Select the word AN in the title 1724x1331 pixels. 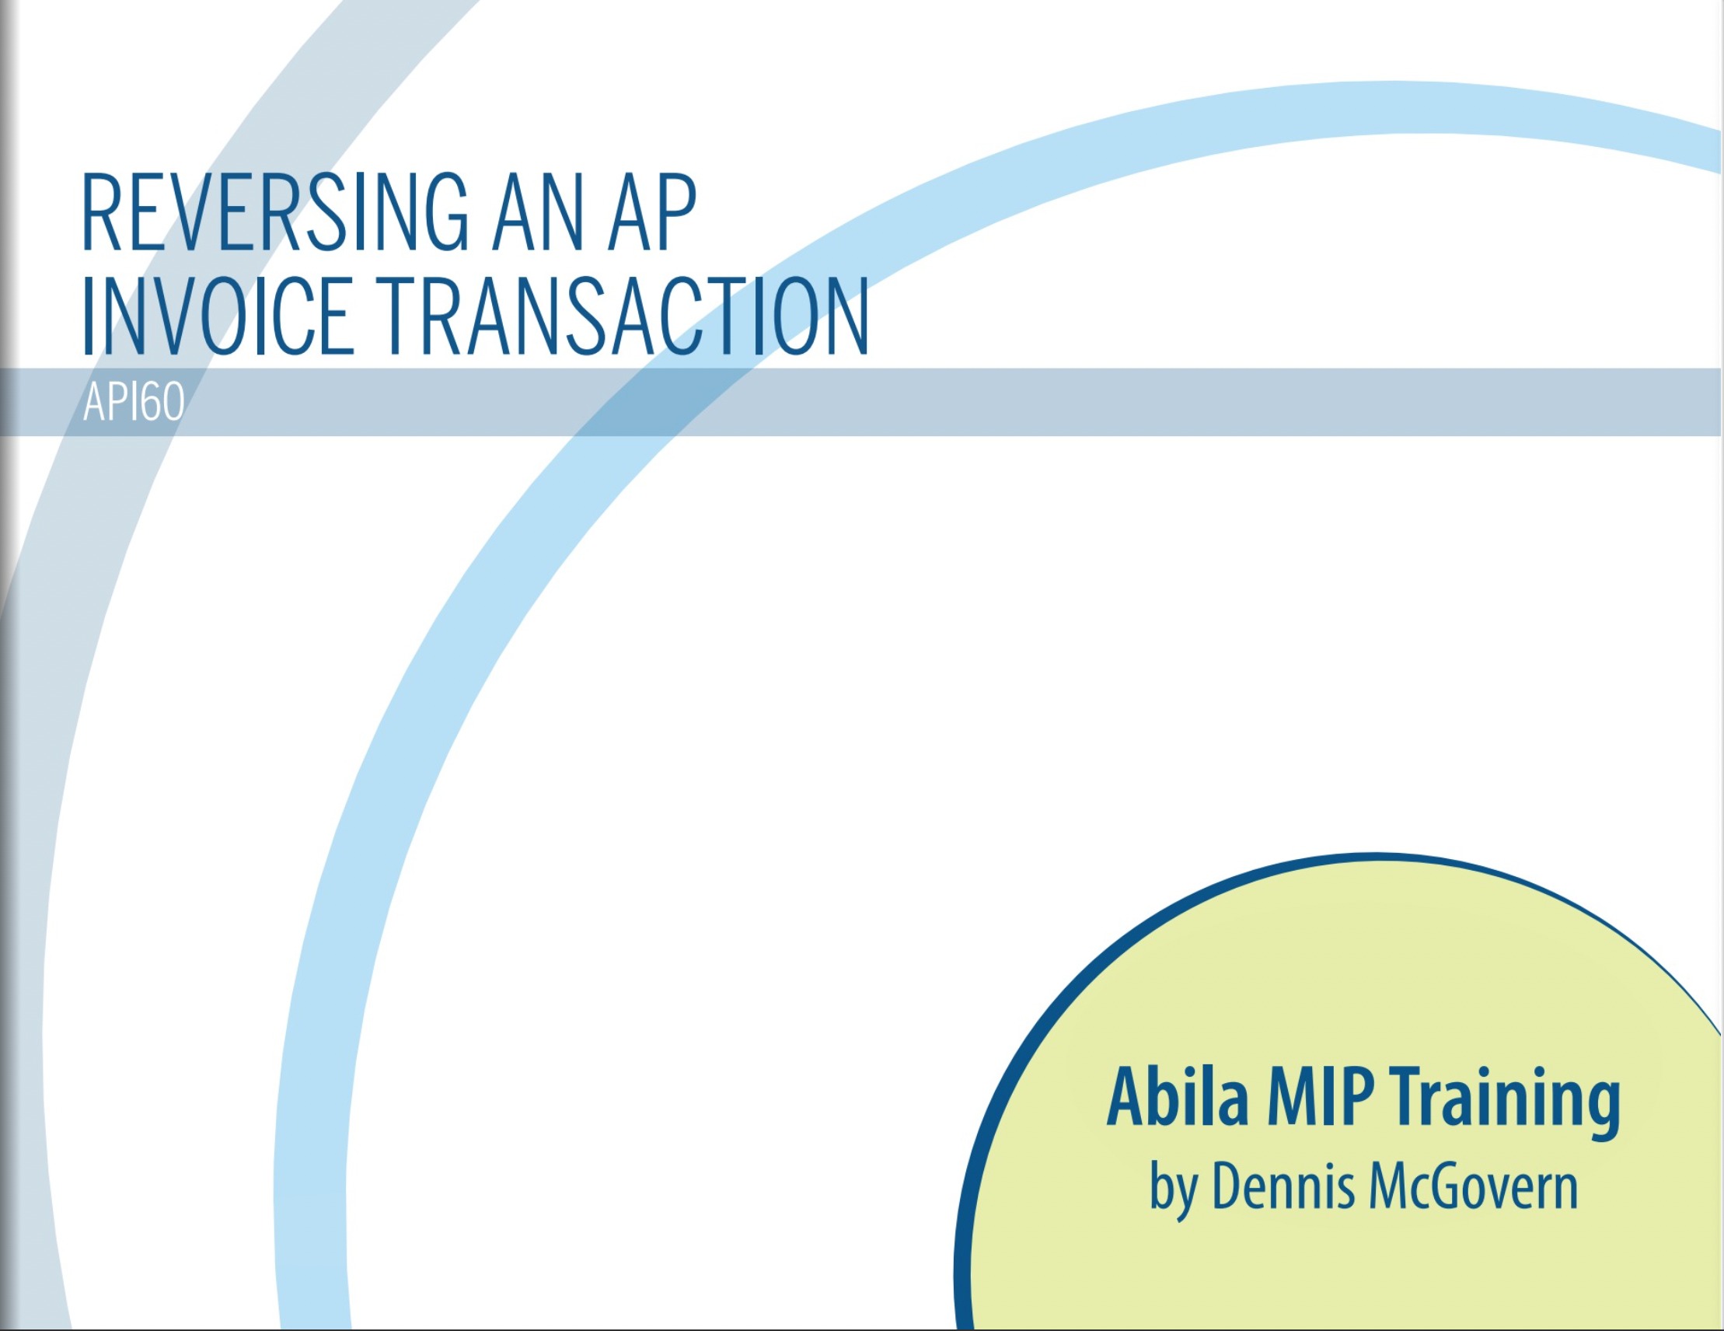538,212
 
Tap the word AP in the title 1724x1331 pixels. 652,212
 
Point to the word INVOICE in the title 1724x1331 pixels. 217,316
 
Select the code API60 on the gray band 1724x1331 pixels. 134,402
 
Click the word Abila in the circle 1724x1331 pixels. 1177,1097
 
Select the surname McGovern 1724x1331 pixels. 1474,1185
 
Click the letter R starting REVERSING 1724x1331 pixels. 101,213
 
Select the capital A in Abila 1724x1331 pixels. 1128,1097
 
